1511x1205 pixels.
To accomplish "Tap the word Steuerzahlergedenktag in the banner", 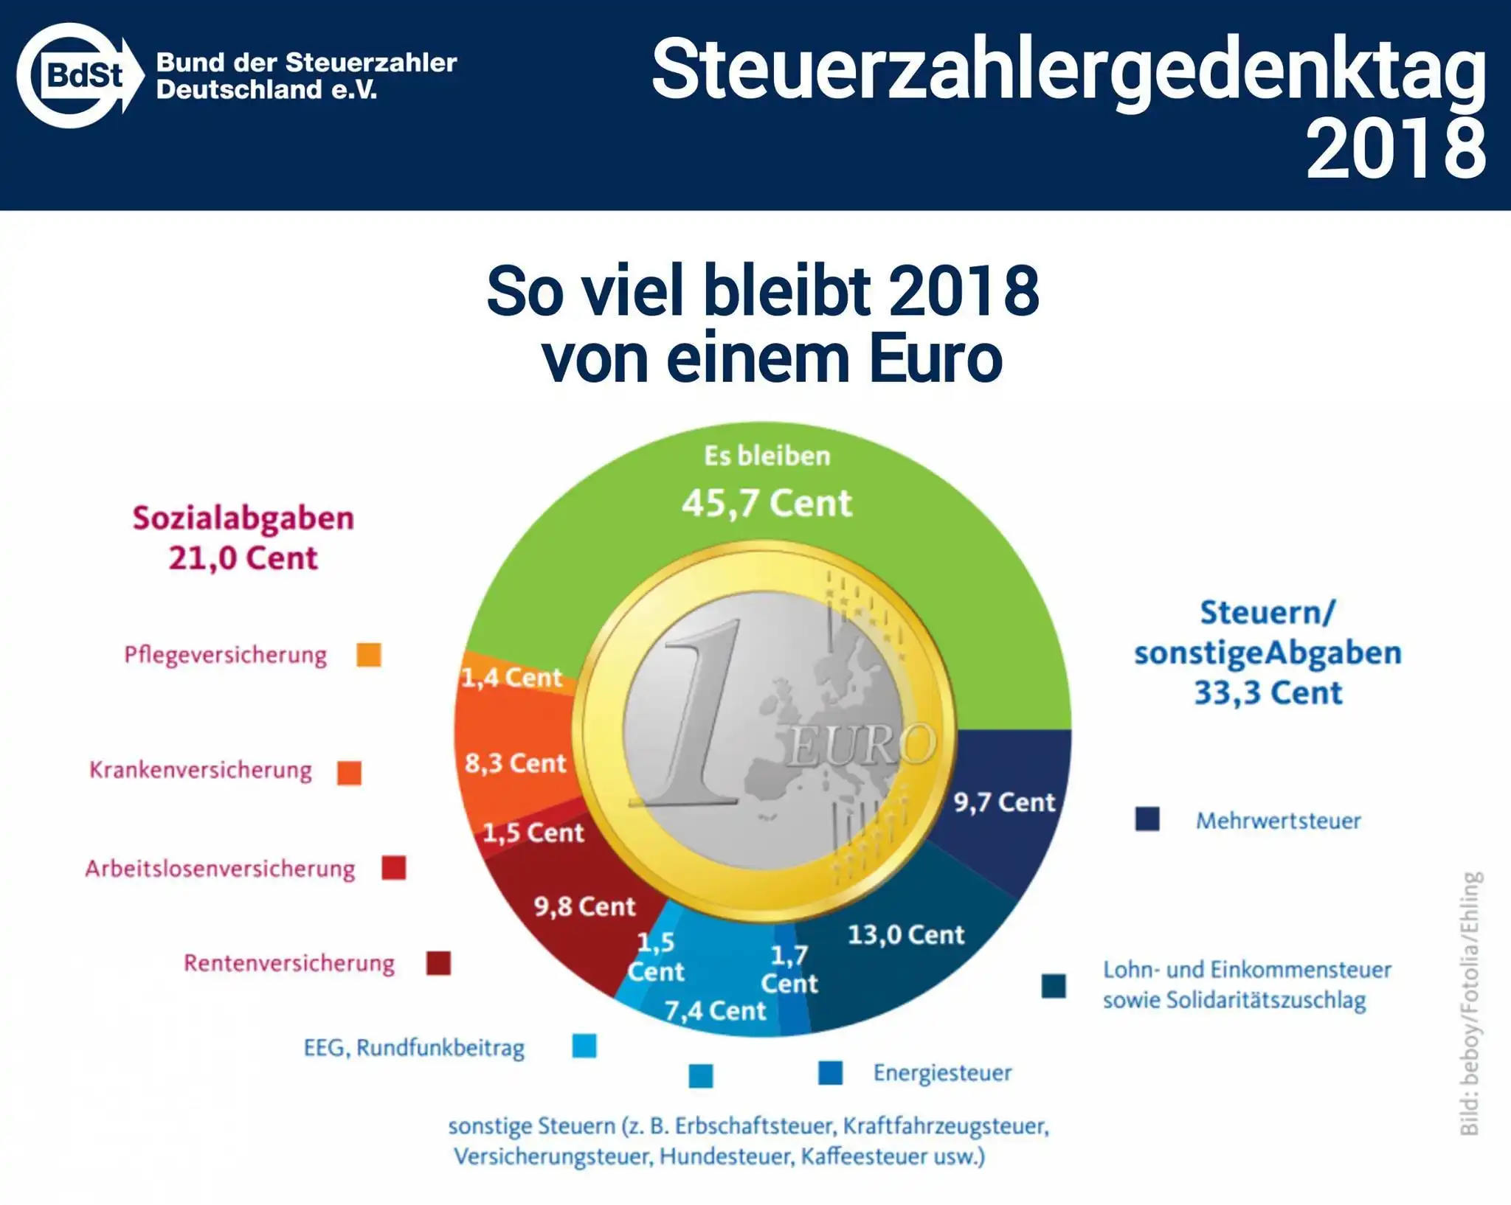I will point(1068,71).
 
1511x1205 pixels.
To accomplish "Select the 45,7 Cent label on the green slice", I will point(767,504).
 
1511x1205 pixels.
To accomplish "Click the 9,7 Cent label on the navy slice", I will point(1003,802).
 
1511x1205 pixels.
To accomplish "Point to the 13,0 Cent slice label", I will point(905,935).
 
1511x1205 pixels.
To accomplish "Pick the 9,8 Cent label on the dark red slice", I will point(584,906).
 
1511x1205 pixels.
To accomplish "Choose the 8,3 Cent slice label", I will point(515,763).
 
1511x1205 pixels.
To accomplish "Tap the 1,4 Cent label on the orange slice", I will point(511,677).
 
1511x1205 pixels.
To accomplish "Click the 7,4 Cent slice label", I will point(715,1011).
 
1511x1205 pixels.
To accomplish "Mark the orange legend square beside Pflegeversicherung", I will point(369,655).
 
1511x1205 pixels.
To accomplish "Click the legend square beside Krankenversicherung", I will point(349,773).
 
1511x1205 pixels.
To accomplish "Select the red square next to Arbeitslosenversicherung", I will point(394,868).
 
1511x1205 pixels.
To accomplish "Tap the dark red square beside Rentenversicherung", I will point(438,963).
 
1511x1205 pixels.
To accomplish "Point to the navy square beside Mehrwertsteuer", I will point(1147,819).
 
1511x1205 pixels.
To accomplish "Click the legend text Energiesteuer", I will point(942,1073).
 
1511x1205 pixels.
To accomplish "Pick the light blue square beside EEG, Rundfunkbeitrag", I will point(584,1046).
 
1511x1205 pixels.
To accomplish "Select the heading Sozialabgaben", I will point(243,518).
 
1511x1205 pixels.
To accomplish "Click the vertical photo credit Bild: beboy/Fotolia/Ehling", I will point(1470,1003).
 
